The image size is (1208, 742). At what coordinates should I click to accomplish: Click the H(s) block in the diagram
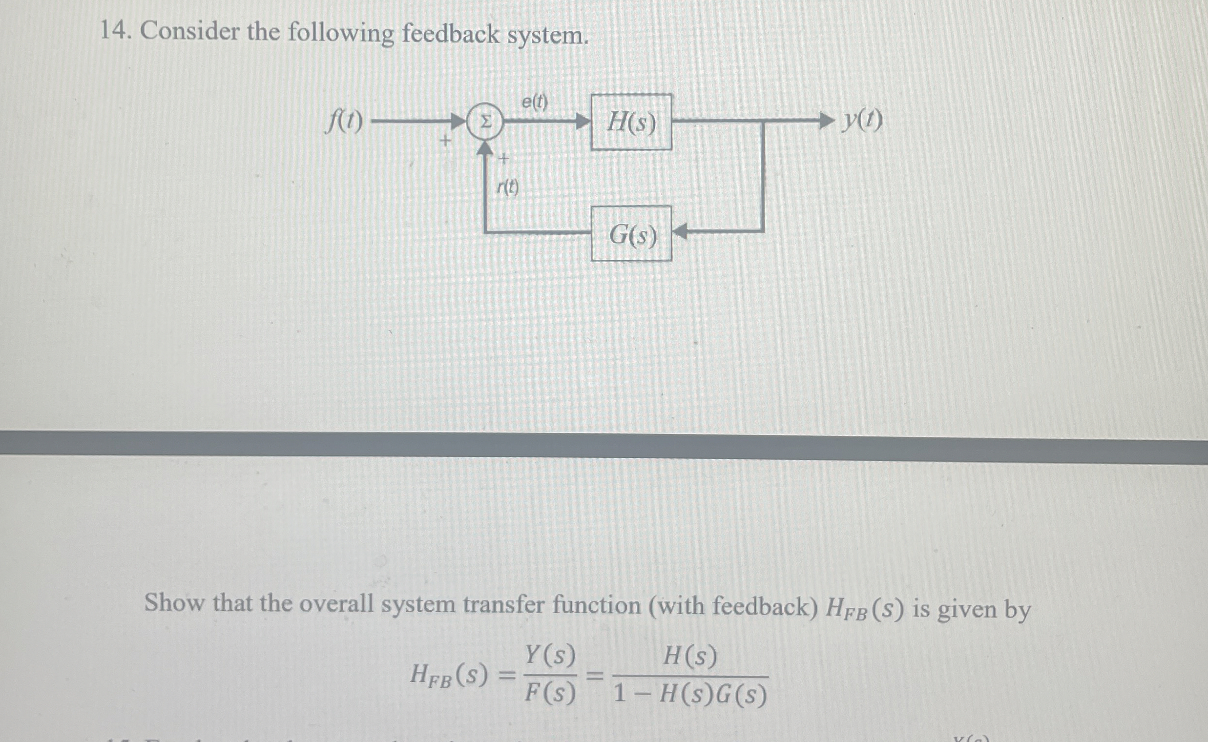(631, 122)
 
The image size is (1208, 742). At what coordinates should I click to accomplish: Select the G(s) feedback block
(631, 234)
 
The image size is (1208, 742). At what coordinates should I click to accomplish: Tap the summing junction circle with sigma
(485, 122)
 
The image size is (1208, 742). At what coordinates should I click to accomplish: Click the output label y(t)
(862, 120)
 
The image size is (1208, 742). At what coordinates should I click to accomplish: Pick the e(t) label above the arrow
(534, 102)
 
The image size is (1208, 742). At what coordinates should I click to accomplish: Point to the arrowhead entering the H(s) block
(582, 121)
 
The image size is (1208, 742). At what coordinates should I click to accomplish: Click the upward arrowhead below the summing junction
(485, 148)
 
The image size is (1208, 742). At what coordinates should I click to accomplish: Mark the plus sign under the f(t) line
(445, 141)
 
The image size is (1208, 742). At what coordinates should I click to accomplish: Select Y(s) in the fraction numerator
(550, 656)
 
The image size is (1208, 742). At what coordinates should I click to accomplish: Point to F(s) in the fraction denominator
(550, 693)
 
